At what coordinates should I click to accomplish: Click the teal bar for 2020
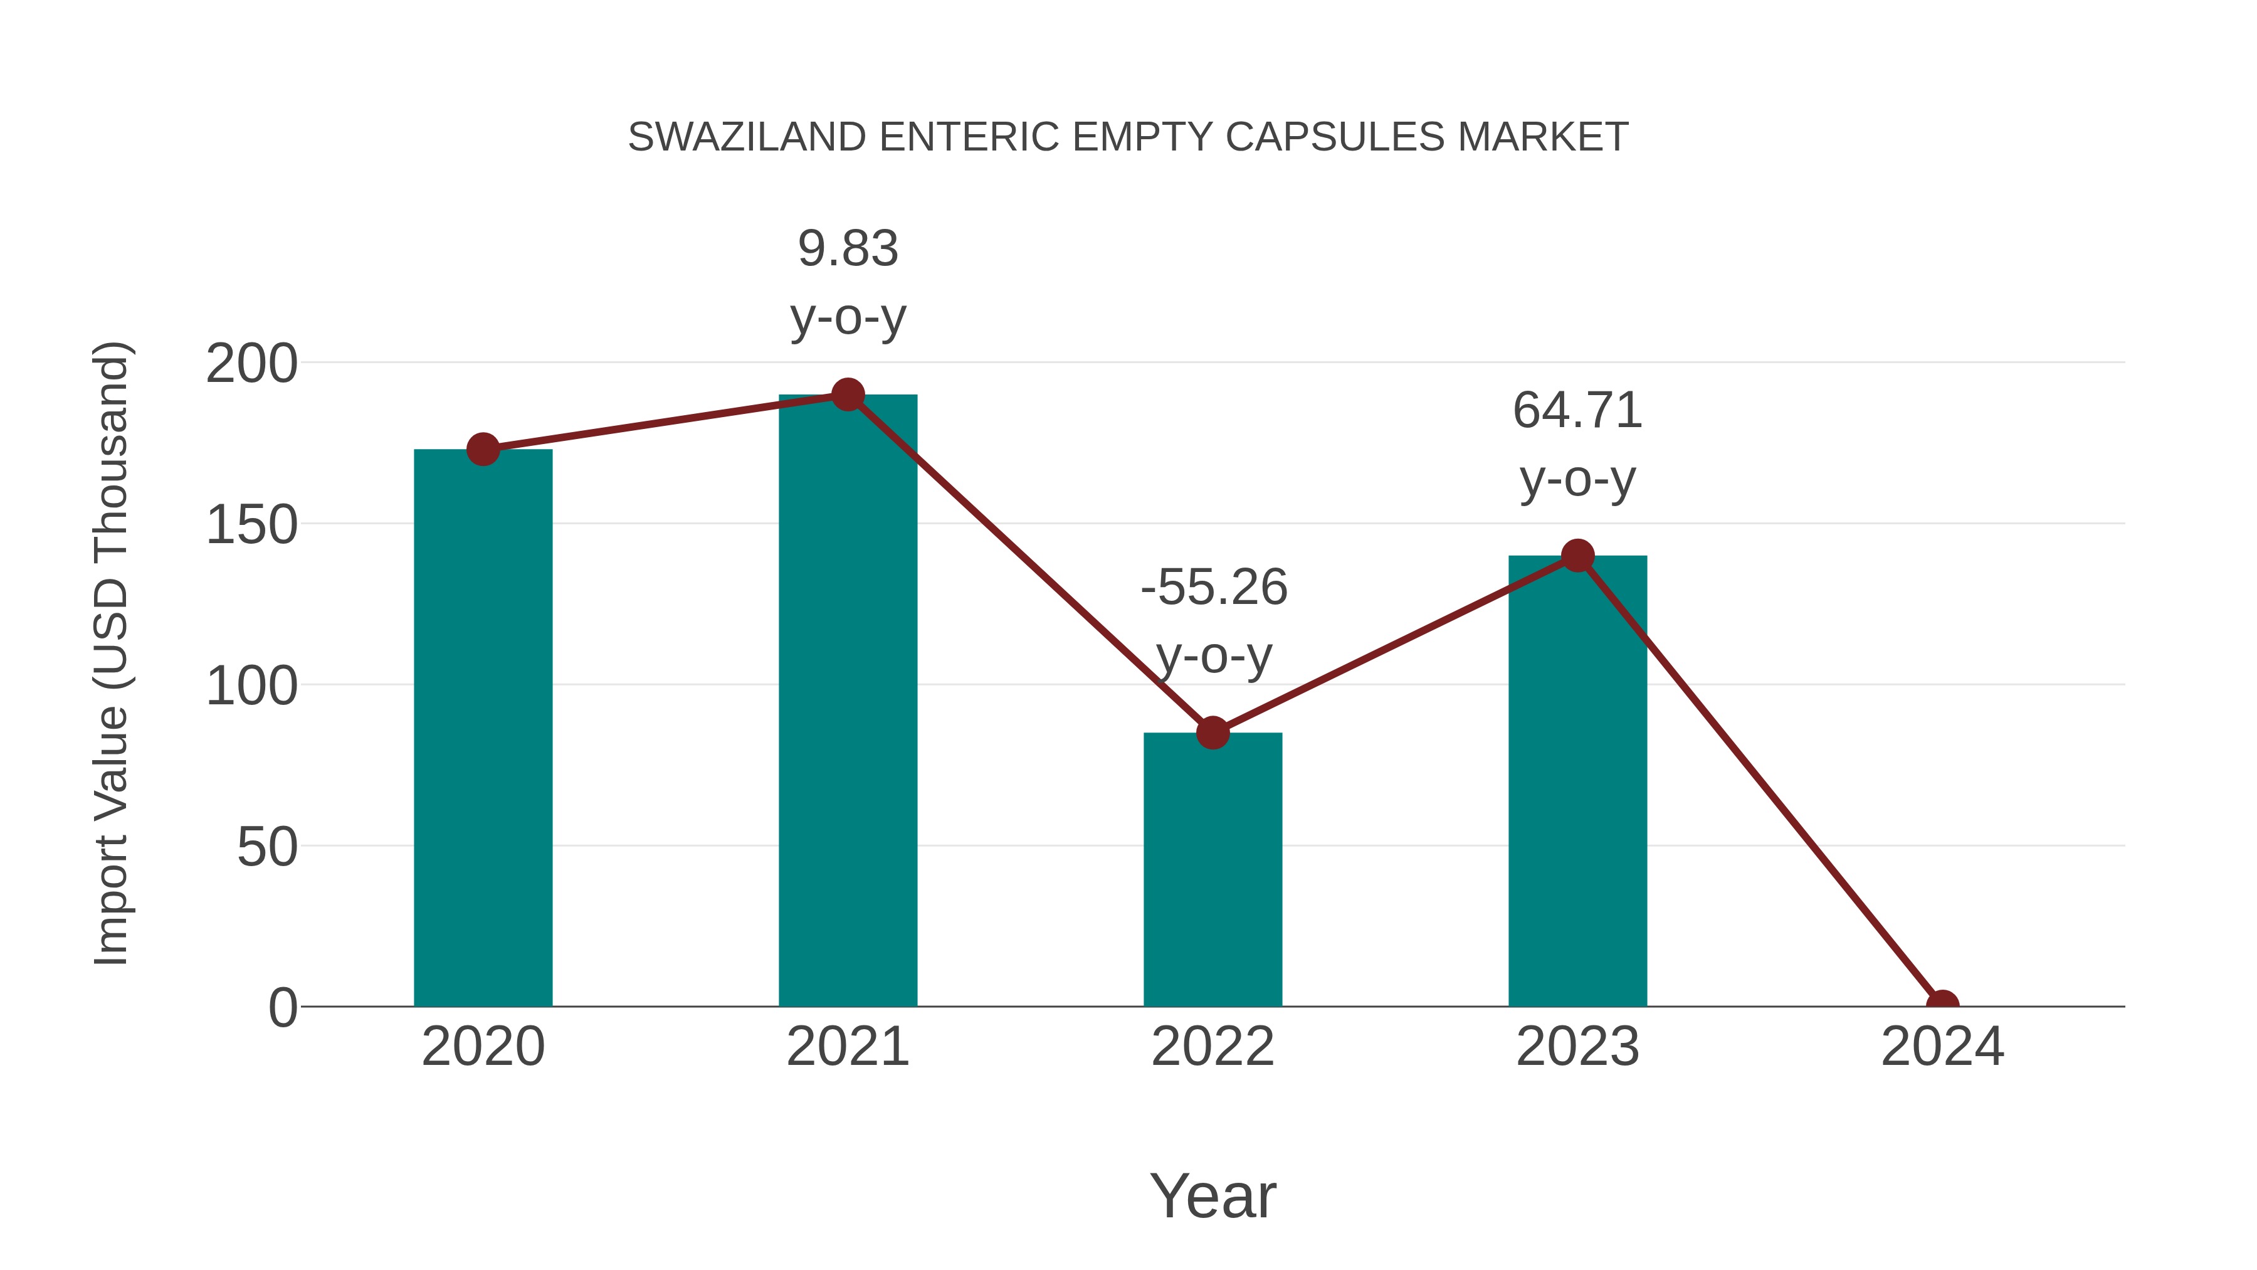(483, 728)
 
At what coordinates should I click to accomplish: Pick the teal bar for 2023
(1577, 780)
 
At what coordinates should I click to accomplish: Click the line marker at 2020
(483, 450)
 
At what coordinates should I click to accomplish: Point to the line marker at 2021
(847, 394)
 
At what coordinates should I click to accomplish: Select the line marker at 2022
(1212, 733)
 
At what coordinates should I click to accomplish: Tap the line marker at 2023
(1577, 556)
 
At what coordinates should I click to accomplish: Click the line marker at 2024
(1942, 1005)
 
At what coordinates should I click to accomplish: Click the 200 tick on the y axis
(251, 364)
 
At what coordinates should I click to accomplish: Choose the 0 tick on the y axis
(283, 1008)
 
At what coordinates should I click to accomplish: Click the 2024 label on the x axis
(1942, 1047)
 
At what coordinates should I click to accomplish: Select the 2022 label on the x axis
(1212, 1047)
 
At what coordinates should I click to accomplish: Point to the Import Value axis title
(112, 653)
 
